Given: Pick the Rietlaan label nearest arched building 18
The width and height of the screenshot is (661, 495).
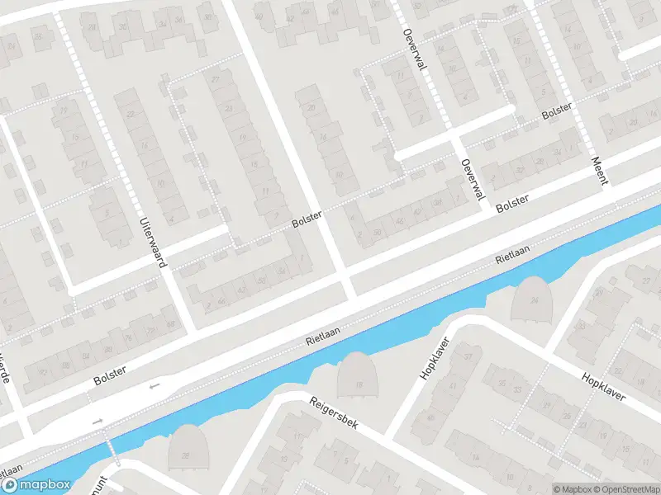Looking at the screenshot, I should [x=324, y=333].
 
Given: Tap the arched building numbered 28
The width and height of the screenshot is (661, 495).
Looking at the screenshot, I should [x=187, y=448].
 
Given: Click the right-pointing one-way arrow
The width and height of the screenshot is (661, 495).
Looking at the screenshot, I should [x=98, y=422].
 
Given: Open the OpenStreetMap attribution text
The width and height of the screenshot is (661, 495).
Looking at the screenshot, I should [x=625, y=488].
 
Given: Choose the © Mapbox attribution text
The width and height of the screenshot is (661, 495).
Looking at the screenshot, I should [x=572, y=488].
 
